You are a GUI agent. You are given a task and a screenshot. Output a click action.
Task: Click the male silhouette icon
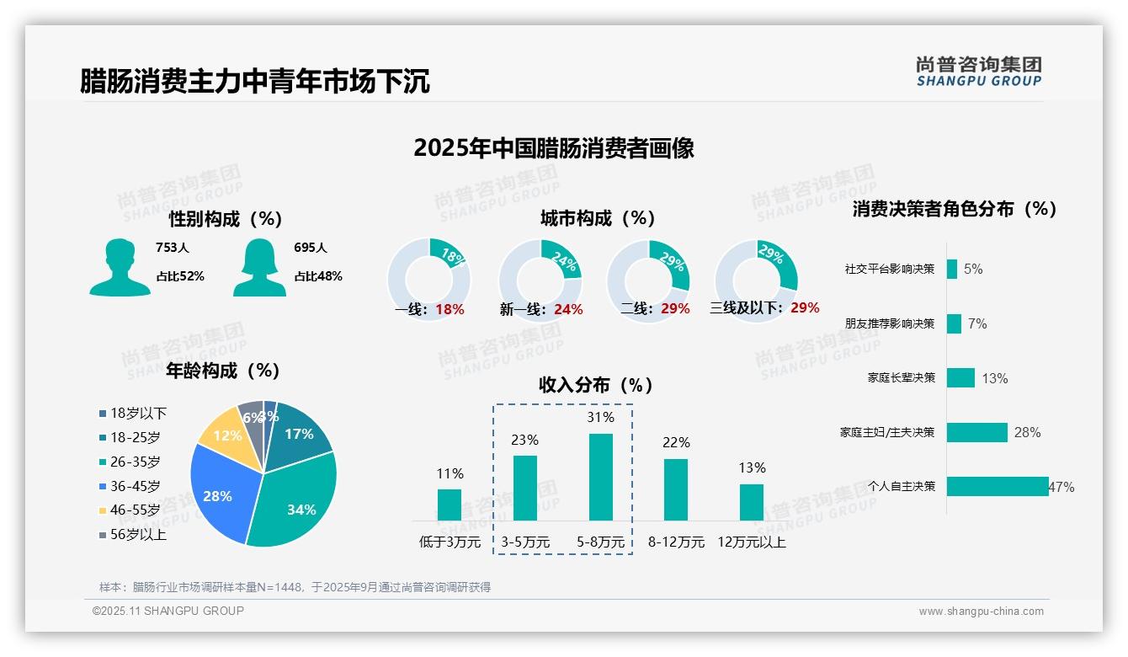120,267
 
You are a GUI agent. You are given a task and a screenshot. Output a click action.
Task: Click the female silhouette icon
259,267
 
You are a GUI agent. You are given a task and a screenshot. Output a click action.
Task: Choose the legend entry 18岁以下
133,413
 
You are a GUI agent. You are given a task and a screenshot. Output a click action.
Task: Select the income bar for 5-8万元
601,477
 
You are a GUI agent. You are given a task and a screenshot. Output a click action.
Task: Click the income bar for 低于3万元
450,505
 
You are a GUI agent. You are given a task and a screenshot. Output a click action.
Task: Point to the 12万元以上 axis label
751,542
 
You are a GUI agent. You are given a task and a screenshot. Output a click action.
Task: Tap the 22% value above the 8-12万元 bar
676,442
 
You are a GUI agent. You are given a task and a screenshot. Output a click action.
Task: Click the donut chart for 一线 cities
428,279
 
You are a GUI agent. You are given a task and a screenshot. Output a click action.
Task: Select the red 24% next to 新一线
568,310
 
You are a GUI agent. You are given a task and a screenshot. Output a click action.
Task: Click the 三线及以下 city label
746,308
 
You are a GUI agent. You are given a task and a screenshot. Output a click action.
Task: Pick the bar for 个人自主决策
998,486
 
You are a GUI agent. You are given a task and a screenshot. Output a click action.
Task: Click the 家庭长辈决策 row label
901,378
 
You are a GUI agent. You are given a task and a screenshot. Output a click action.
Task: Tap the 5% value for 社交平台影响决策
973,269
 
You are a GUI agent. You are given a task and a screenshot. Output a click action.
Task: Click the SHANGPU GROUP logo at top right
978,72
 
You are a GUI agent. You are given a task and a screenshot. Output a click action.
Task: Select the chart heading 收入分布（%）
596,386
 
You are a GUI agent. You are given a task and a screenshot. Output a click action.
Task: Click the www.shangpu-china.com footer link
981,612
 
